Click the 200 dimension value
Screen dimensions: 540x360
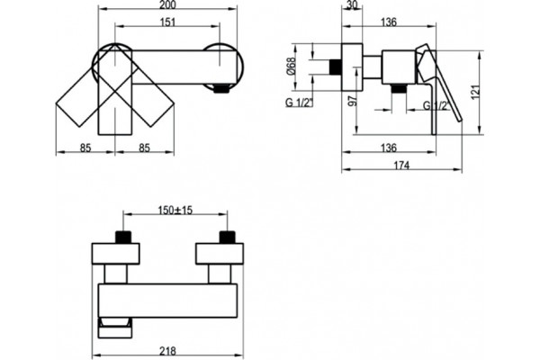(168, 4)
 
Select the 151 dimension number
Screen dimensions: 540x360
(168, 22)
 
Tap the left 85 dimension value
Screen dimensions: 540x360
(85, 148)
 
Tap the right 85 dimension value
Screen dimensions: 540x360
(145, 148)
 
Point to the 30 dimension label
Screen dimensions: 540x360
(352, 4)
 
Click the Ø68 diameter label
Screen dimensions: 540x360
(292, 66)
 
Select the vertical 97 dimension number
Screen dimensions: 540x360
(353, 101)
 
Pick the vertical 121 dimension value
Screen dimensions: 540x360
(475, 92)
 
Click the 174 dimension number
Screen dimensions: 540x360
(401, 166)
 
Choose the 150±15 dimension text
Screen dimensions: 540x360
(175, 210)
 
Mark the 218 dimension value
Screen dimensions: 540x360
(167, 351)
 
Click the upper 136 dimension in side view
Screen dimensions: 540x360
(389, 22)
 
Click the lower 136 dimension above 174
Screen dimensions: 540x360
(389, 148)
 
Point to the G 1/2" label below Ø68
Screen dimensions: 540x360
(299, 103)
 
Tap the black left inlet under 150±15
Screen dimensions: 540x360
(123, 237)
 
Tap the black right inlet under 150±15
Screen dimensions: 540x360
(228, 237)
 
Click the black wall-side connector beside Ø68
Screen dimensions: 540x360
(336, 67)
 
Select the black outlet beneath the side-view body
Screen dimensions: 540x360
(399, 88)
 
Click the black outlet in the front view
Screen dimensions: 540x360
(221, 89)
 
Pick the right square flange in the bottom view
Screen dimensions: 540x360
(220, 254)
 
